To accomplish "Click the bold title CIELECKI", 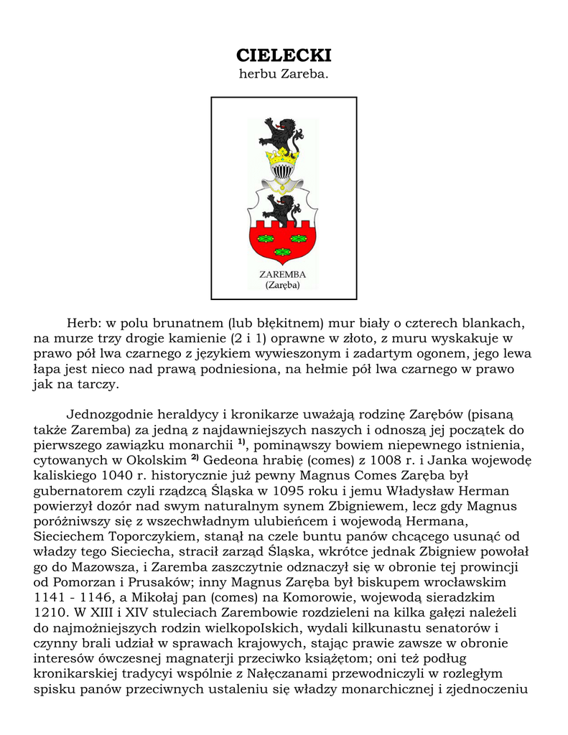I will point(284,56).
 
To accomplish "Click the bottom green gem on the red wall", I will point(283,251).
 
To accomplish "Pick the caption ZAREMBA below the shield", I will point(283,274).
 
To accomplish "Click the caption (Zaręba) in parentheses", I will point(283,285).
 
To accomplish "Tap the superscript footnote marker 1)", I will point(242,442).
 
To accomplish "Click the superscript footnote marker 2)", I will point(195,457).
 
